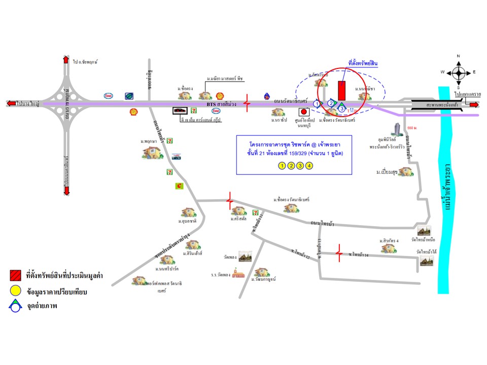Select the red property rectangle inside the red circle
point(342,90)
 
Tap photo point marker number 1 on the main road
point(317,104)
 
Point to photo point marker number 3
point(342,108)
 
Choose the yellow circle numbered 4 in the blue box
point(309,165)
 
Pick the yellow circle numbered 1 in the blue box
point(282,165)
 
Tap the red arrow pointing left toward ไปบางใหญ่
point(11,104)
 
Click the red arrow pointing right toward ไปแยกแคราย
point(474,105)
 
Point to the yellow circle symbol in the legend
point(16,290)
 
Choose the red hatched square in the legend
point(15,275)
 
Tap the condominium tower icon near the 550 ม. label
point(397,131)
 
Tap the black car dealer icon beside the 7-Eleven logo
point(179,110)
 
